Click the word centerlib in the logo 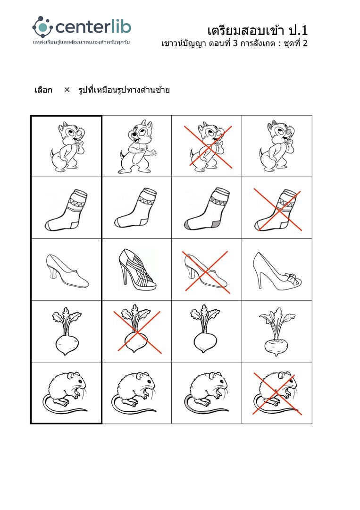point(93,27)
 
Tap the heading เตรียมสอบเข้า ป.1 point(257,31)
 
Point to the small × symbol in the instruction point(67,90)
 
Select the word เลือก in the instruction point(43,90)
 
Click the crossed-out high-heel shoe point(207,272)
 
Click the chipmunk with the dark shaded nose point(277,146)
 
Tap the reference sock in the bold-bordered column point(66,210)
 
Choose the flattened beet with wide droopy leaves point(277,331)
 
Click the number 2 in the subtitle point(304,43)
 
